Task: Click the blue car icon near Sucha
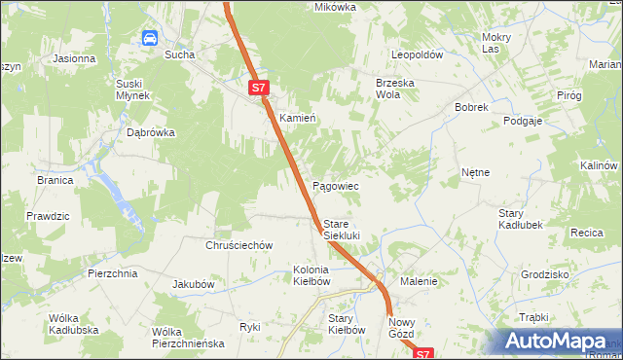pyautogui.click(x=150, y=38)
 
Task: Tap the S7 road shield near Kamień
pyautogui.click(x=257, y=88)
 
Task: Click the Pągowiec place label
pyautogui.click(x=336, y=185)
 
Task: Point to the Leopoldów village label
pyautogui.click(x=418, y=54)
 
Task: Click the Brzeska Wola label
pyautogui.click(x=395, y=89)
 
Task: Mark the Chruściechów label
pyautogui.click(x=238, y=245)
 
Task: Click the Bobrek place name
pyautogui.click(x=470, y=107)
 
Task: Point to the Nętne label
pyautogui.click(x=475, y=172)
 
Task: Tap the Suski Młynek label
pyautogui.click(x=131, y=89)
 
